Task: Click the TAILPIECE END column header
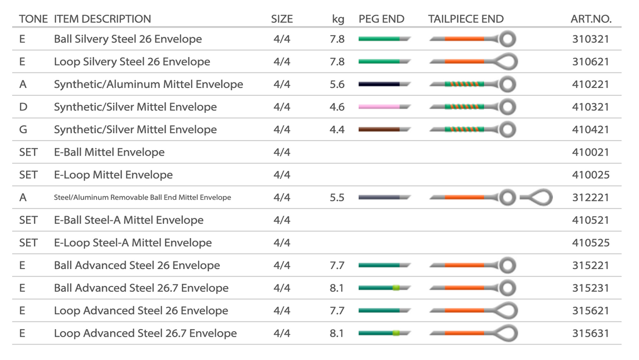coord(465,19)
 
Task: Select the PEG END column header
coord(381,19)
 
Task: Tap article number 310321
coord(590,39)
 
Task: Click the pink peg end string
coord(380,107)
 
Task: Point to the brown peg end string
coord(380,129)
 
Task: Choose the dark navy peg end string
coord(380,84)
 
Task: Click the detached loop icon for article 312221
coord(536,198)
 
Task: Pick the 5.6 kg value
coord(337,84)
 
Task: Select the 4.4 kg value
coord(337,129)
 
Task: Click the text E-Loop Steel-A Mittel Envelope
coord(133,243)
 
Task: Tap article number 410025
coord(590,175)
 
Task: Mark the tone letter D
coord(22,107)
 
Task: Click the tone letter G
coord(22,129)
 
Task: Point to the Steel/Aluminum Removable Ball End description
coord(142,198)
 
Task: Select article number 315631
coord(590,333)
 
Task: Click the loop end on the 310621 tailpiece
coord(507,62)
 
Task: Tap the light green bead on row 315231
coord(396,288)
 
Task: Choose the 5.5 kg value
coord(337,198)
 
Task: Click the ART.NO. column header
coord(591,19)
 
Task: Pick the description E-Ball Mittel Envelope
coord(109,152)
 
